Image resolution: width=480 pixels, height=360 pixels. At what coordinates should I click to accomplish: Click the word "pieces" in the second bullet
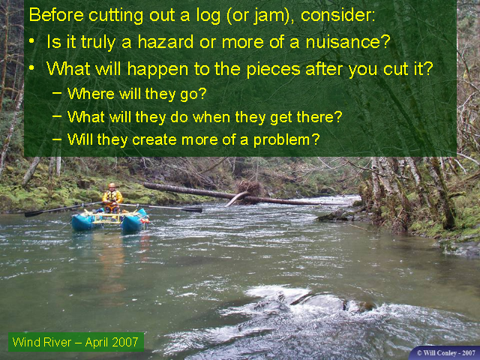pos(273,70)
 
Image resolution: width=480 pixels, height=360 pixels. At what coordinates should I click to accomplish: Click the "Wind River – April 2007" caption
pos(76,342)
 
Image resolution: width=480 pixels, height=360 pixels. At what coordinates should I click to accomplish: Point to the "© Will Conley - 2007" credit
pos(446,353)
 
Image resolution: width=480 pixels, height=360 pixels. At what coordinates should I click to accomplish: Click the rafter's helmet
pos(112,185)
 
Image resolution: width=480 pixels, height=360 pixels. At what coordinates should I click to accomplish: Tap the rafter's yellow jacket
pos(112,196)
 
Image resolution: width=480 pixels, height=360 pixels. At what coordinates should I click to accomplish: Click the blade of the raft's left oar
pos(34,214)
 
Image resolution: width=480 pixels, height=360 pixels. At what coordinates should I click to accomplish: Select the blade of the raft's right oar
pos(192,210)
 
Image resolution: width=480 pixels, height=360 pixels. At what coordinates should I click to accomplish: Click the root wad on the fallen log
pos(249,188)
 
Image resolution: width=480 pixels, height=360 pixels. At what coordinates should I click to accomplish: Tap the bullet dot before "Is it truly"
pos(31,41)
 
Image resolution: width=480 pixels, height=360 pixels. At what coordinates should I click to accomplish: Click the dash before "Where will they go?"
pos(57,92)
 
